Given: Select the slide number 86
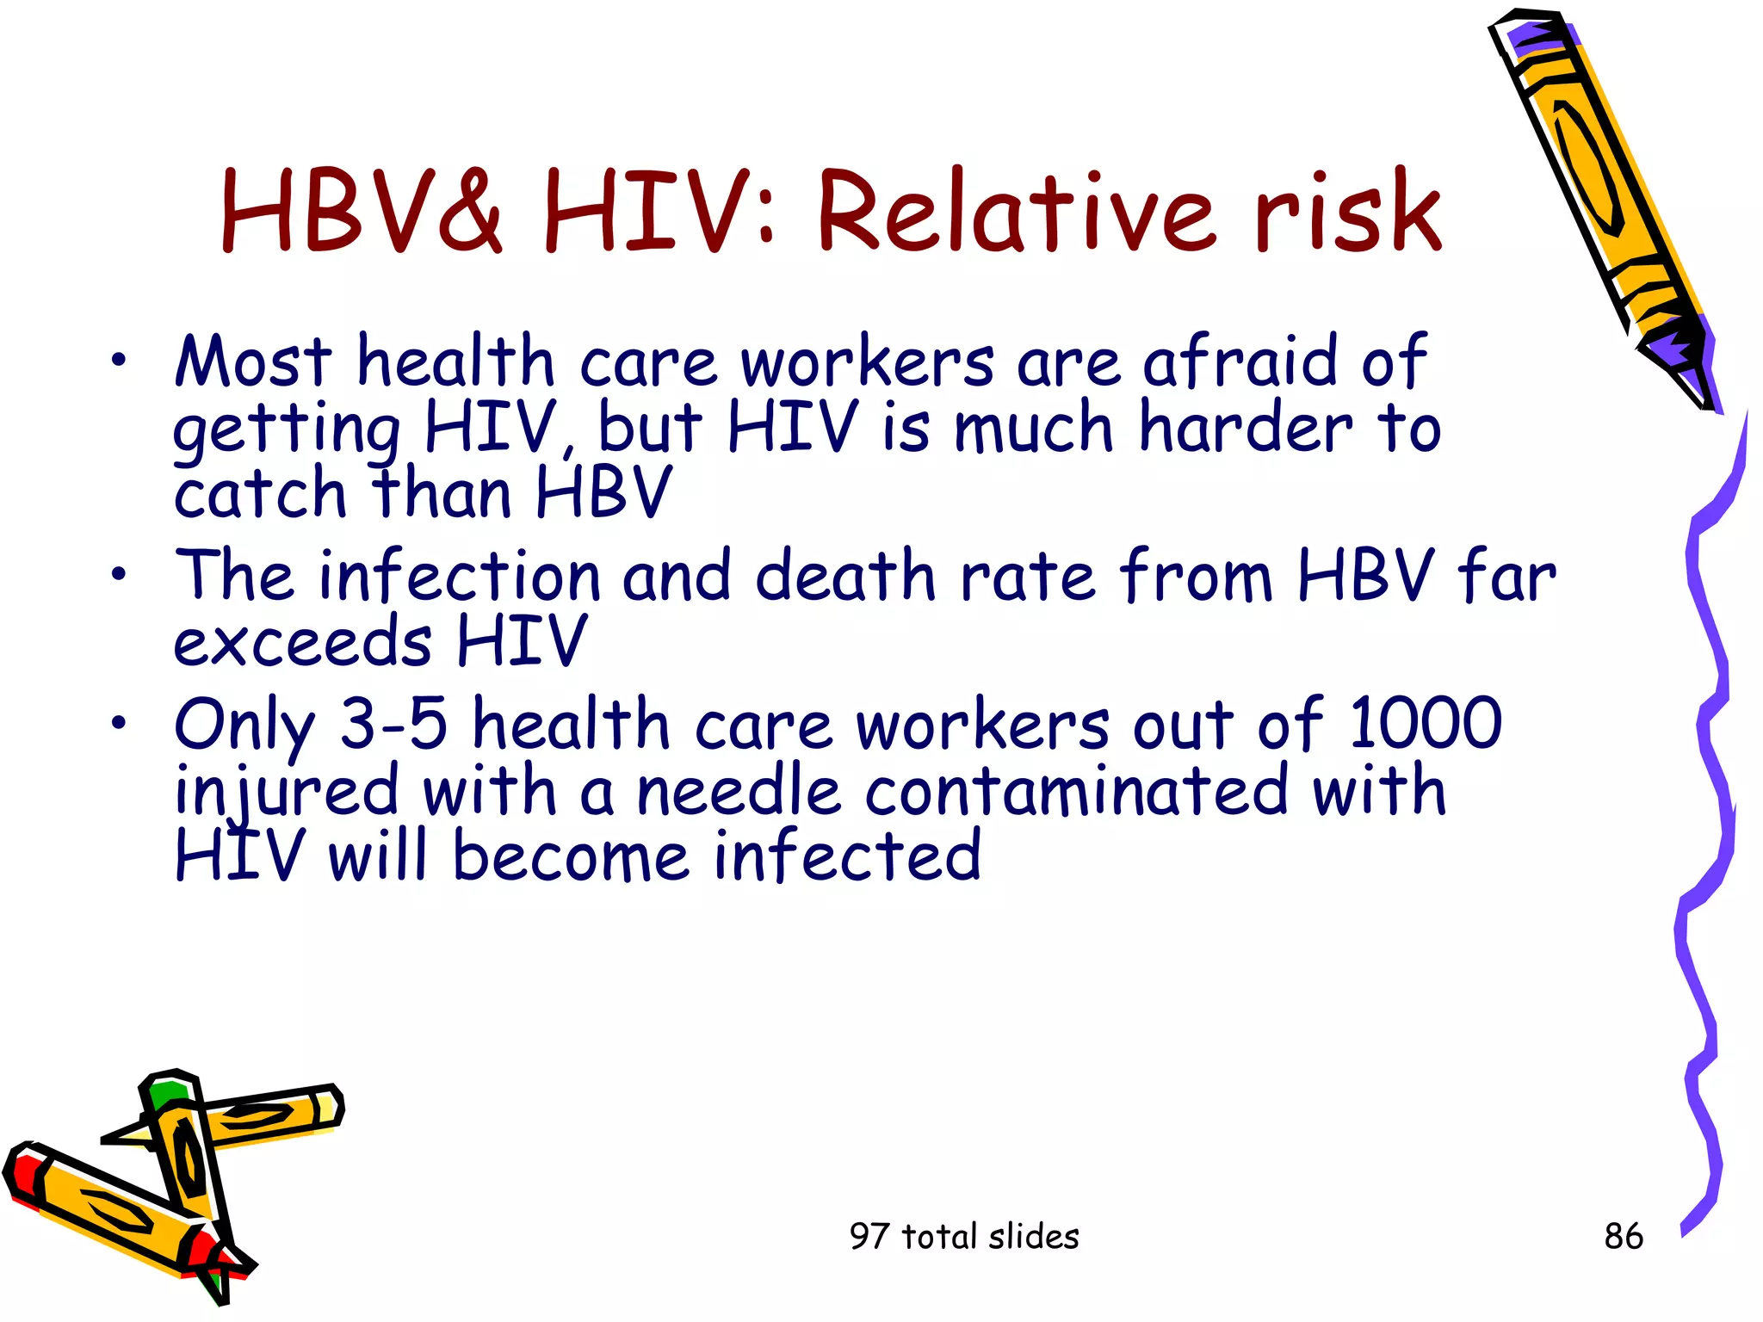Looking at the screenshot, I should [x=1624, y=1237].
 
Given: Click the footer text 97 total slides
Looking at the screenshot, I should [x=964, y=1237].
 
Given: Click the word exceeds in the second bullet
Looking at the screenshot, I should [x=303, y=642].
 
